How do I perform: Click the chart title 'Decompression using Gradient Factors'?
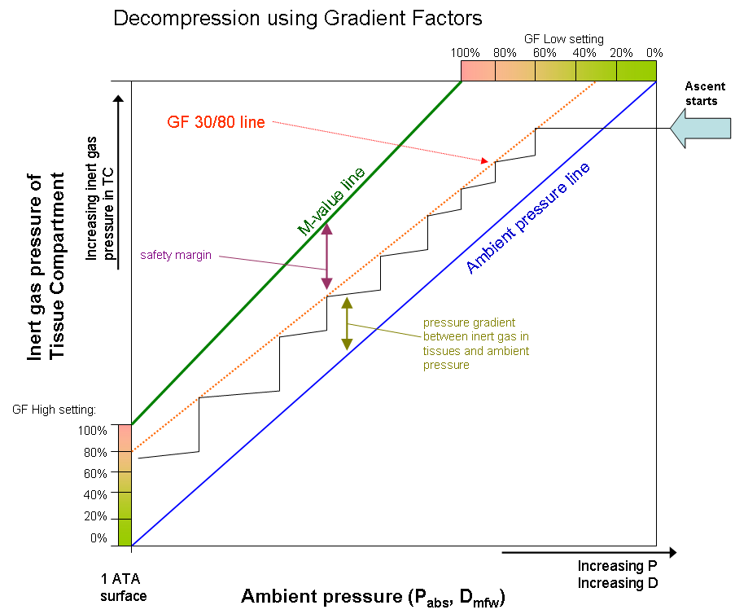click(x=298, y=17)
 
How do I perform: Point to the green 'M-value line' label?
click(x=330, y=200)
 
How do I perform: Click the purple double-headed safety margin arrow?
click(x=326, y=257)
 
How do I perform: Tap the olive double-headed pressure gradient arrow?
click(x=347, y=323)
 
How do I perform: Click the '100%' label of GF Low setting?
click(x=465, y=53)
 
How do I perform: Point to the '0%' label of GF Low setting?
click(x=654, y=53)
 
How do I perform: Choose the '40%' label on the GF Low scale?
click(x=584, y=53)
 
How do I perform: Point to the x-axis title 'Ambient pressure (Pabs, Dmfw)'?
click(x=373, y=597)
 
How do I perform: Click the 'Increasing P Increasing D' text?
click(x=618, y=574)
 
